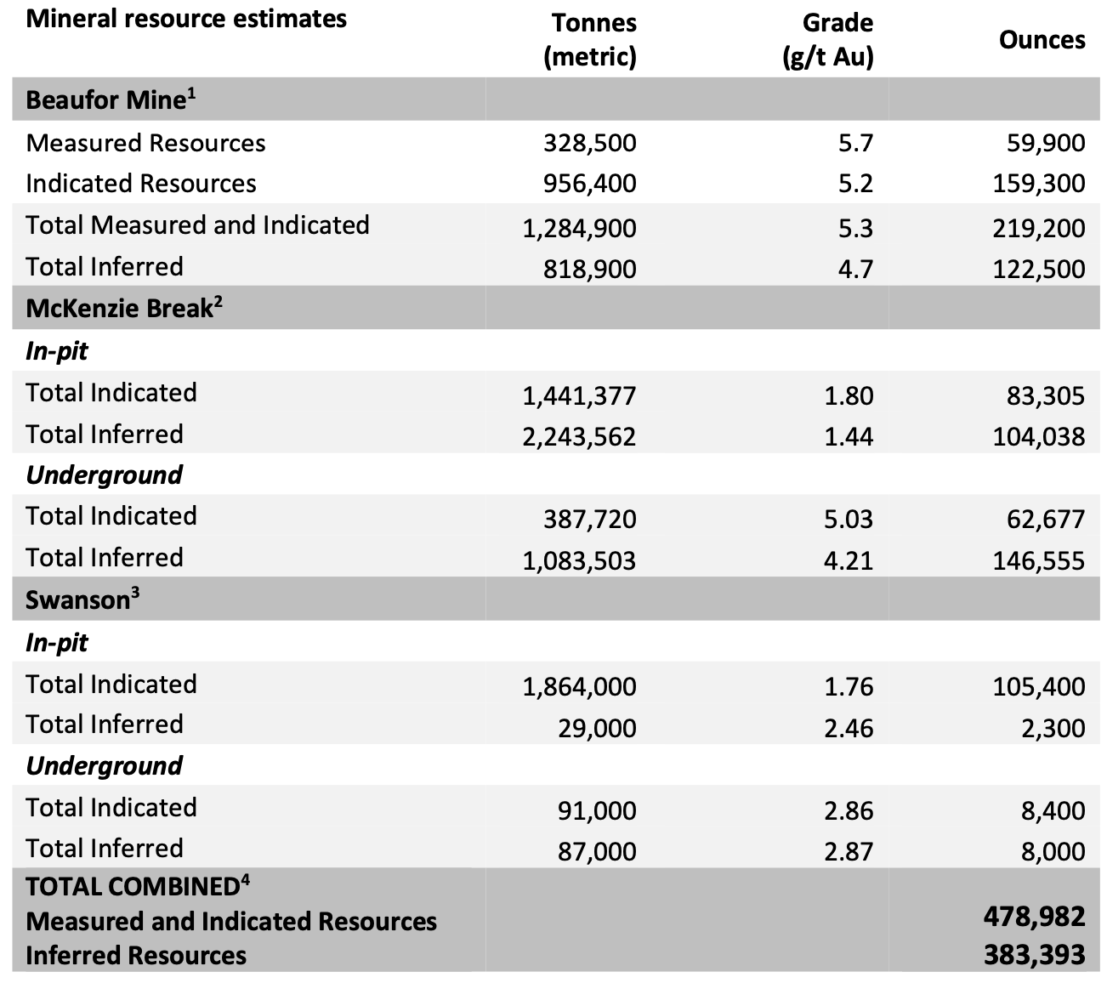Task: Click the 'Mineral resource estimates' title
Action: tap(186, 19)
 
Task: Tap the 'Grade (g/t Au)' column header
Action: tap(827, 39)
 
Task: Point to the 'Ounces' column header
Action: tap(1042, 40)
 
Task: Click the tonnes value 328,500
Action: tap(589, 143)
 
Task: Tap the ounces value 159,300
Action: tap(1039, 184)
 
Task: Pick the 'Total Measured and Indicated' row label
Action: tap(197, 225)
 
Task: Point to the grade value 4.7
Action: tap(855, 269)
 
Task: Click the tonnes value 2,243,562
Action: tap(579, 436)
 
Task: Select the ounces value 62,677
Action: tap(1046, 519)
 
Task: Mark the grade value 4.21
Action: tap(849, 560)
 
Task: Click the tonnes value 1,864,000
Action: tap(579, 686)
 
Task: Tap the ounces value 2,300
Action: tap(1053, 728)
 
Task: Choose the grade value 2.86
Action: tap(849, 810)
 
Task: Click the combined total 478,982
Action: tap(1035, 916)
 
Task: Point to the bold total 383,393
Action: tap(1035, 954)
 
